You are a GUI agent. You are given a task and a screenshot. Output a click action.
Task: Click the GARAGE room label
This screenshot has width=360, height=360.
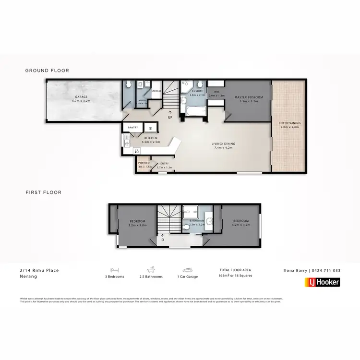(81, 97)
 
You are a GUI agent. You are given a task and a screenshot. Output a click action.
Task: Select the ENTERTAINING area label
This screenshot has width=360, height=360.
(289, 123)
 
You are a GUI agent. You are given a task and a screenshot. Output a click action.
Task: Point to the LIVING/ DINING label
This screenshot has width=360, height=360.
(224, 144)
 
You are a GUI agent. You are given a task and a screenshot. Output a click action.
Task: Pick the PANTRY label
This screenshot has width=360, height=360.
(132, 128)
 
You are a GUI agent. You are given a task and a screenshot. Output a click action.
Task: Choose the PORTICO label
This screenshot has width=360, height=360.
(144, 163)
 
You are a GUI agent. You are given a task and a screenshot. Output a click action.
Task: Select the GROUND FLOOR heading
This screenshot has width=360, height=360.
(47, 71)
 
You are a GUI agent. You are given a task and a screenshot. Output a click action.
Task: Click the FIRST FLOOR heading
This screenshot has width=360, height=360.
(43, 192)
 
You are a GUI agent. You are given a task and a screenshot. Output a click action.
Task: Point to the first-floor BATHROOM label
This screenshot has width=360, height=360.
(197, 221)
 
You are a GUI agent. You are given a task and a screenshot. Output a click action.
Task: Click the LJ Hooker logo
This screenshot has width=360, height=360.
(322, 282)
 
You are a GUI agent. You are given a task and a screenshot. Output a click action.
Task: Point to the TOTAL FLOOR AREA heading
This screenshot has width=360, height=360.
(235, 270)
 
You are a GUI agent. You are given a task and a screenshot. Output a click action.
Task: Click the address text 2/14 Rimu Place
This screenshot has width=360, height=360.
(36, 270)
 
